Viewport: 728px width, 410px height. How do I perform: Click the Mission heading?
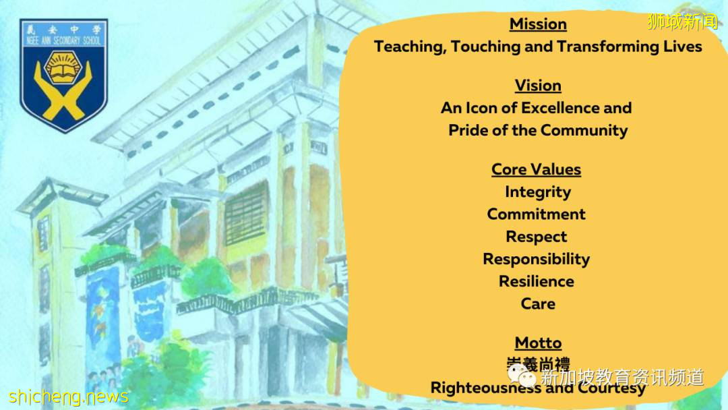[538, 24]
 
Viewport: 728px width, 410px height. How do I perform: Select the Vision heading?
[538, 86]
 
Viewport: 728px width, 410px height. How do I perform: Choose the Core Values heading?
[537, 169]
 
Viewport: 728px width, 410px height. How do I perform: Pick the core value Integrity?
[538, 192]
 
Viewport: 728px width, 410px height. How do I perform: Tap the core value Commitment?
[537, 214]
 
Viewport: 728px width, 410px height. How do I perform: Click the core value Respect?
[537, 237]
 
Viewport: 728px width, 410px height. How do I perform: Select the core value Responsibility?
[537, 259]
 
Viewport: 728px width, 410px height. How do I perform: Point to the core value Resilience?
[537, 281]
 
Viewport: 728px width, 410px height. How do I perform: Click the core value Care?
[538, 303]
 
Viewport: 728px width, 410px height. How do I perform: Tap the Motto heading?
[538, 343]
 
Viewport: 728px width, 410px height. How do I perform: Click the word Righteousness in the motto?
[485, 388]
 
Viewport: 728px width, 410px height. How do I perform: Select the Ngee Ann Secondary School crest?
[64, 74]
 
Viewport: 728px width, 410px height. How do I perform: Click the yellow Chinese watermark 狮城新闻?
[682, 22]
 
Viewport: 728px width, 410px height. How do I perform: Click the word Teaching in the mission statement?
[409, 47]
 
